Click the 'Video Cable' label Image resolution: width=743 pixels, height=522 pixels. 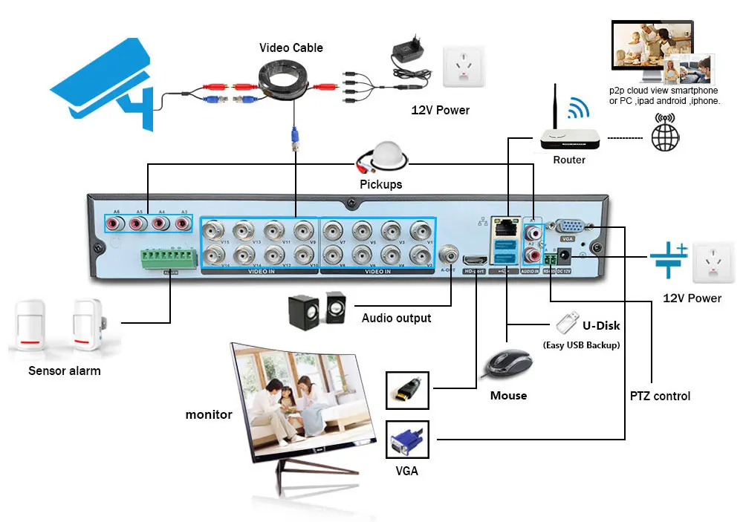coord(291,48)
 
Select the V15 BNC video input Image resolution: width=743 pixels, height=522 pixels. coord(214,230)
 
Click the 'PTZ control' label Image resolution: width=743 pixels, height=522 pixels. coord(660,396)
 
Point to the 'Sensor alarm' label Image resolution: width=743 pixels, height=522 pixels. coord(65,371)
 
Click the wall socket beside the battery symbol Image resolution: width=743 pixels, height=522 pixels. coord(717,263)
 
